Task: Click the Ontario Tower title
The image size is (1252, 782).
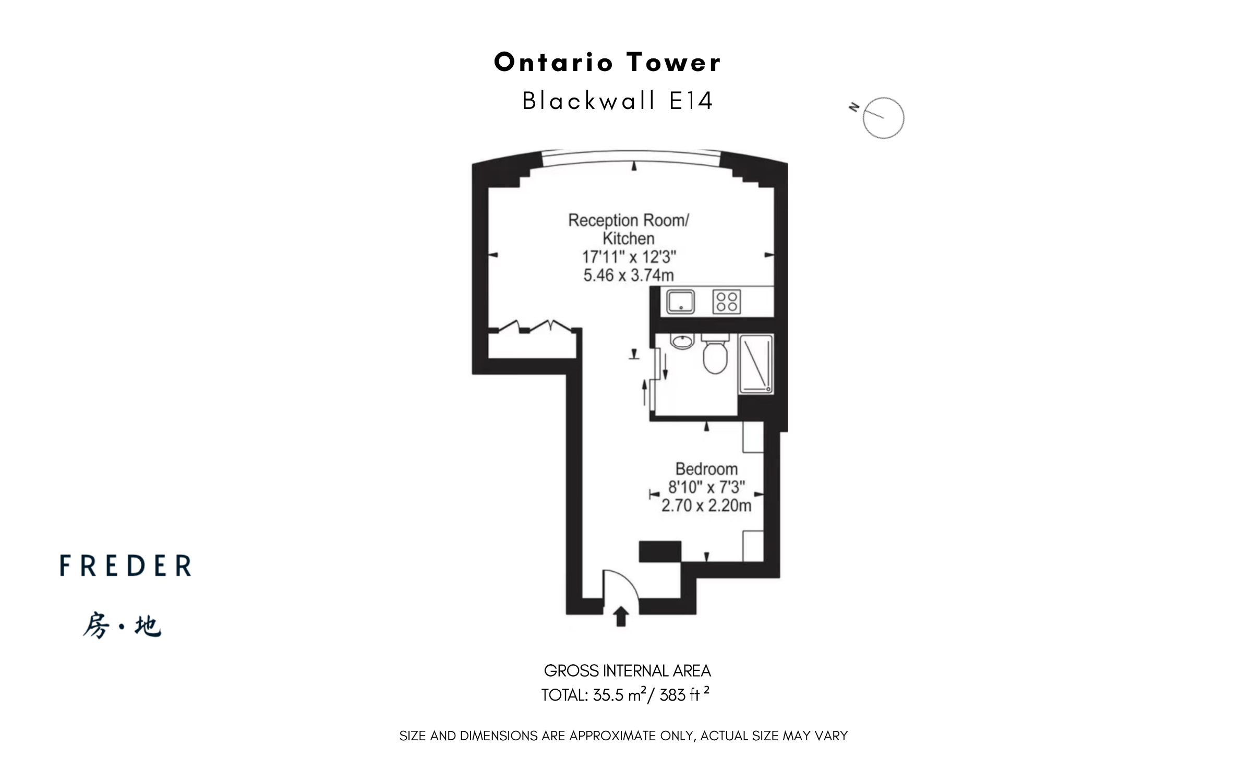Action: tap(607, 62)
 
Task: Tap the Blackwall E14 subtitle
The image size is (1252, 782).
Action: tap(617, 101)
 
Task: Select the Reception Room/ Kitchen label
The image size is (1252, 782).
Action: tap(629, 229)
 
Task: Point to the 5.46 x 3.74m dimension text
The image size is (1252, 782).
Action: tap(629, 275)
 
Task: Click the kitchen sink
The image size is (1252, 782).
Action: tap(680, 302)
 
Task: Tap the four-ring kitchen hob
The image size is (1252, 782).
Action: tap(727, 302)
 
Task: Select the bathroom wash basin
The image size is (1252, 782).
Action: tap(682, 341)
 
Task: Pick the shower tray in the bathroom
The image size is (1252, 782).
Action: tap(756, 364)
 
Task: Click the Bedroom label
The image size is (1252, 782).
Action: tap(706, 468)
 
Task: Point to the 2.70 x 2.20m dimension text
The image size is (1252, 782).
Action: tap(706, 506)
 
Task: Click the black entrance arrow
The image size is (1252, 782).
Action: tap(620, 616)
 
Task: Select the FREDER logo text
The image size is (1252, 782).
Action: tap(125, 566)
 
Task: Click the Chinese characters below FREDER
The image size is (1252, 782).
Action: tap(122, 625)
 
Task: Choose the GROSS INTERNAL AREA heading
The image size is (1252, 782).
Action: tap(627, 671)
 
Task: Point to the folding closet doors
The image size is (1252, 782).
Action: tap(535, 326)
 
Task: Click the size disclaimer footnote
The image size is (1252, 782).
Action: tap(623, 736)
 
